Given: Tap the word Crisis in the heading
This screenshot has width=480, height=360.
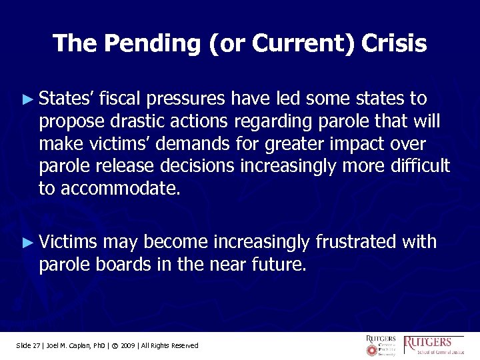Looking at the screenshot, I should [394, 43].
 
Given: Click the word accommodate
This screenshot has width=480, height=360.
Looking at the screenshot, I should [120, 189].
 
